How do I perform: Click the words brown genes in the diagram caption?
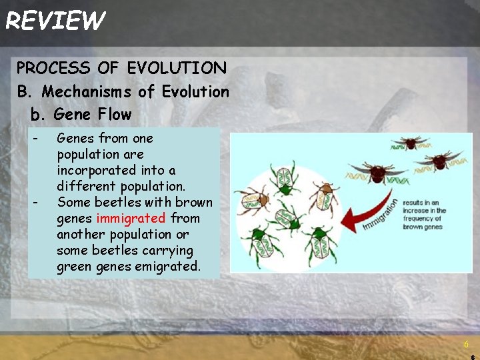(x=423, y=227)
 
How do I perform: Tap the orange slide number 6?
(x=466, y=344)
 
